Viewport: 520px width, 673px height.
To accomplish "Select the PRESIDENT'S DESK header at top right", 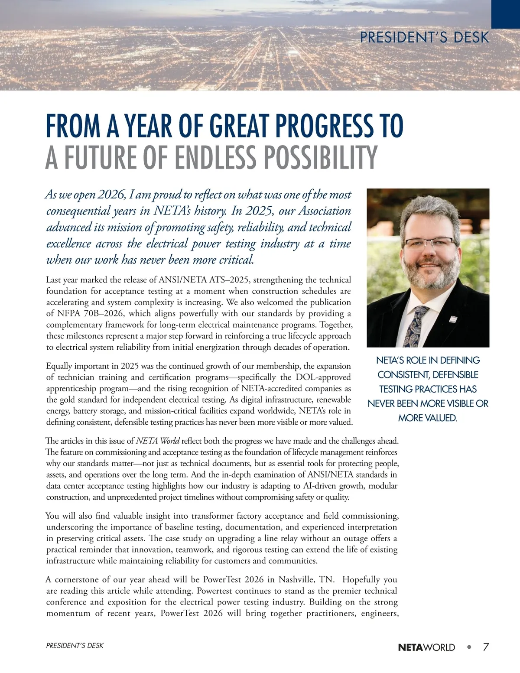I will coord(424,38).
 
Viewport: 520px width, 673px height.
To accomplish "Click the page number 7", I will coord(486,647).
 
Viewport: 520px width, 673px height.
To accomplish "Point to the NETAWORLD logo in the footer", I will coord(426,647).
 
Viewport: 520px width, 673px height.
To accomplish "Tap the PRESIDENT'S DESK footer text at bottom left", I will coord(75,646).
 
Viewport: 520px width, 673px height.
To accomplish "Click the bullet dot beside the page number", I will coord(469,647).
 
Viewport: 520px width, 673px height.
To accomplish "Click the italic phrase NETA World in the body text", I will coord(158,441).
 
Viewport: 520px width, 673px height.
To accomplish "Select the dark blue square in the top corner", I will coord(505,14).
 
